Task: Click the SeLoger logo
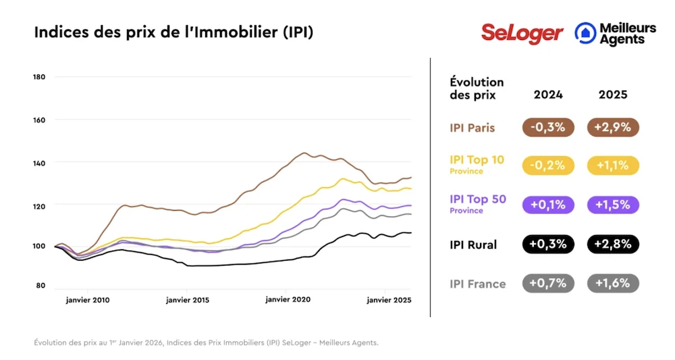522,32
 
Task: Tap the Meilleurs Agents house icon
585,32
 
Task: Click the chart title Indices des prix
173,32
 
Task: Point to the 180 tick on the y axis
38,77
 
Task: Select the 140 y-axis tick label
38,163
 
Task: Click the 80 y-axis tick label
40,286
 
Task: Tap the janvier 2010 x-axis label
88,299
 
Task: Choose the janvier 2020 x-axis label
286,299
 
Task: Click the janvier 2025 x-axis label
389,299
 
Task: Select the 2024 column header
548,95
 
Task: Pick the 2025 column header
613,95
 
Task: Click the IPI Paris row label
473,128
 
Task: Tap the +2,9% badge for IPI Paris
613,128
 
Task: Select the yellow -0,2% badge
548,165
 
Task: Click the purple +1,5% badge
613,204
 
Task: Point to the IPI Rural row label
473,245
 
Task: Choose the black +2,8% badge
613,245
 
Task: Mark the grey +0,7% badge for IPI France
548,284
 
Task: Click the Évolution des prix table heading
477,88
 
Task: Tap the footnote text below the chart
207,342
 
